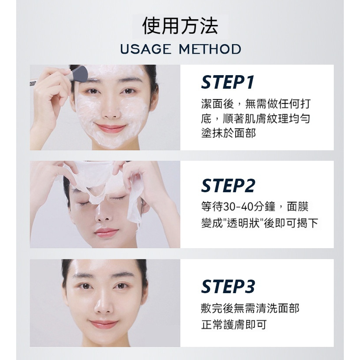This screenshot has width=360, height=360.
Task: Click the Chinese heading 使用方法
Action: click(180, 25)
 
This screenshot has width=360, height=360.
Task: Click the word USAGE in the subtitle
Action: click(146, 49)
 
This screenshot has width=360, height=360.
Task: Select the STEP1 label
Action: click(228, 82)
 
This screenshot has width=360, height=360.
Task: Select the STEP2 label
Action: click(228, 185)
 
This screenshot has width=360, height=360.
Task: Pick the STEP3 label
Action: click(228, 286)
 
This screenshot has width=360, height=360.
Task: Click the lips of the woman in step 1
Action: click(111, 128)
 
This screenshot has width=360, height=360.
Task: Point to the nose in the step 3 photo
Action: click(104, 303)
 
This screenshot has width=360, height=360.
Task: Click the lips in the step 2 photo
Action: click(106, 232)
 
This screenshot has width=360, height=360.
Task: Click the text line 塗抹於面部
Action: click(228, 133)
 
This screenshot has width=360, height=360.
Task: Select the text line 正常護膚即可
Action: click(234, 325)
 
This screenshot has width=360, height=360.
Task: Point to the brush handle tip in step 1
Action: click(31, 83)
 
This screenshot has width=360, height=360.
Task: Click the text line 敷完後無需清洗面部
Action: click(250, 308)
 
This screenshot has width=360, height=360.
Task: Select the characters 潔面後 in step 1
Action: click(218, 104)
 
